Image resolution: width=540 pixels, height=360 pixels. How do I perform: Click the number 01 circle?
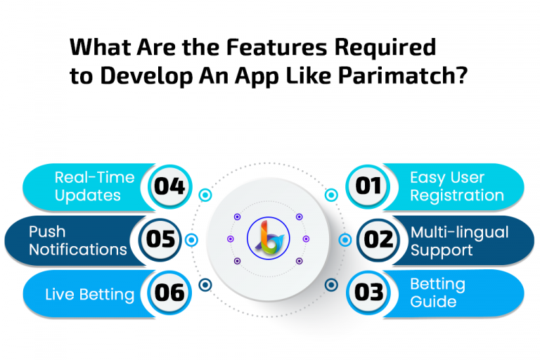(x=368, y=186)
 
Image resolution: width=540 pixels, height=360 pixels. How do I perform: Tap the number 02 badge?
(x=378, y=240)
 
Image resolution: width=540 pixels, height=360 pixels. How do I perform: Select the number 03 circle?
(x=368, y=292)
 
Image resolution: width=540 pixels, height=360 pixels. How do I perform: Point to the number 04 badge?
(x=169, y=186)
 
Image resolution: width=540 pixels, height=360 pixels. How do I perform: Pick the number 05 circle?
(x=160, y=240)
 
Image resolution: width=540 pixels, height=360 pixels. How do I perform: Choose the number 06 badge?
(x=169, y=292)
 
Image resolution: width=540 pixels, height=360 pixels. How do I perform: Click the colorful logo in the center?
(x=269, y=238)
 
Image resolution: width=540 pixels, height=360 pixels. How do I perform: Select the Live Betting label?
(x=89, y=295)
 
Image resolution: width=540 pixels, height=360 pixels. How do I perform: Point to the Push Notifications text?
(x=78, y=240)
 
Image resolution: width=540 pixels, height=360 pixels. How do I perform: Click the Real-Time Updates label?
(x=94, y=186)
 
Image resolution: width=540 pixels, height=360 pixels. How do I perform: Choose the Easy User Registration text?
(x=457, y=186)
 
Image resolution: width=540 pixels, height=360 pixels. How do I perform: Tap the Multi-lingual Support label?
(x=459, y=241)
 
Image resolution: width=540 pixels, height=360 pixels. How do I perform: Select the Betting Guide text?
(x=438, y=292)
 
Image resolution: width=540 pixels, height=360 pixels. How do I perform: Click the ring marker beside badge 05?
(x=191, y=240)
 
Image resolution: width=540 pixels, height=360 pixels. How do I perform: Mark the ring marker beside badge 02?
(x=345, y=240)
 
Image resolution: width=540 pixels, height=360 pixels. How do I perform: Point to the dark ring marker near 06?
(x=205, y=285)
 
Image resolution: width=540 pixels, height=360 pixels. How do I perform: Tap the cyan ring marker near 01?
(x=331, y=195)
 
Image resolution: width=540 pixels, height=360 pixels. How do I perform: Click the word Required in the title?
(x=385, y=49)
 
